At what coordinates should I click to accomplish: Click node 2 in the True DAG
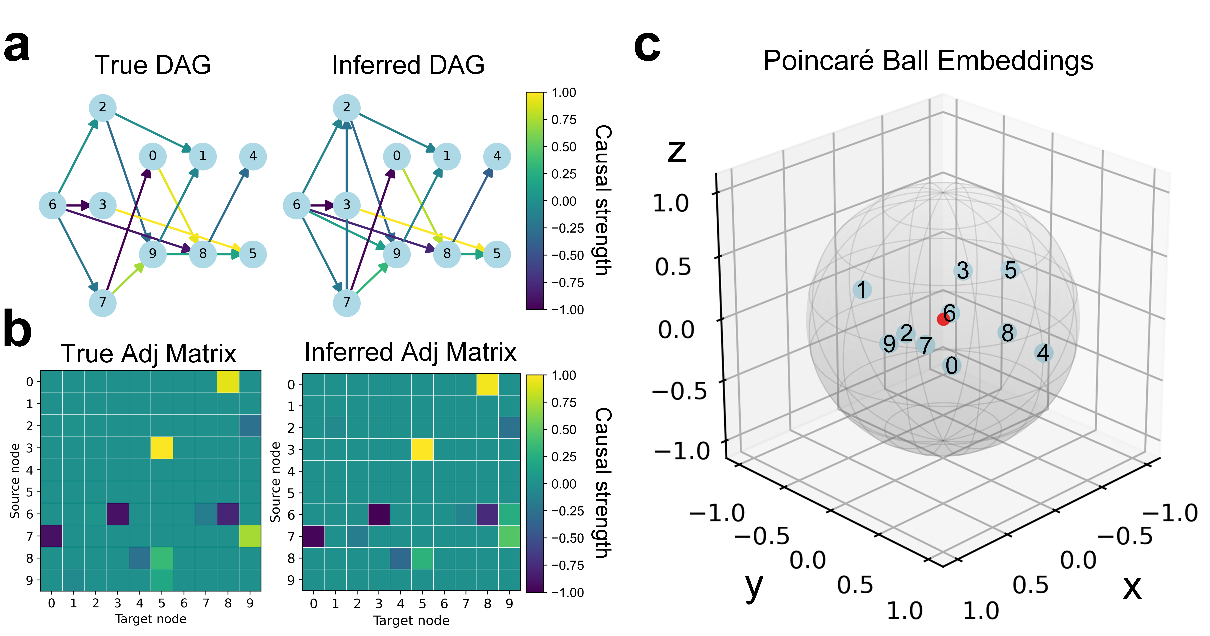(102, 108)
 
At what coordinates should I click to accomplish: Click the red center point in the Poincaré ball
(943, 319)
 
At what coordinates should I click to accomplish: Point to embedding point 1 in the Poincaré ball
(862, 290)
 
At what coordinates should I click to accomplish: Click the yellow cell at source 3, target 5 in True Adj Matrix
(162, 448)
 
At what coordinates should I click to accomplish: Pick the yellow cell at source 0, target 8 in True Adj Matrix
(228, 382)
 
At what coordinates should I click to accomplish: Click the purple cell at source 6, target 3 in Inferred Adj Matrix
(379, 514)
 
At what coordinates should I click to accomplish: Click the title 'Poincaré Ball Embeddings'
(928, 61)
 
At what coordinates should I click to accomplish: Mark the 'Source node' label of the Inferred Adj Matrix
(275, 482)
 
